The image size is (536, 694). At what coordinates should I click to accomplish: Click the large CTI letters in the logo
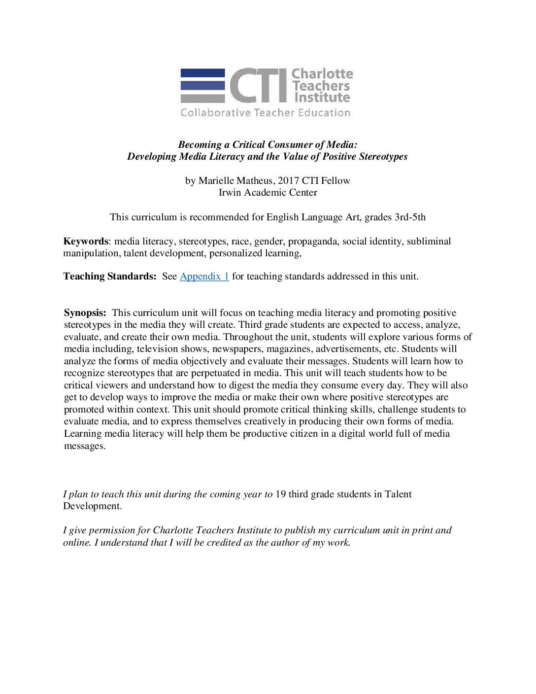pos(258,86)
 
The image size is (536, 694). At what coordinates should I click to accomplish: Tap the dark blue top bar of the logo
pos(202,73)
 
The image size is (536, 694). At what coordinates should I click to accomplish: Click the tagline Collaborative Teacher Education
pos(265,113)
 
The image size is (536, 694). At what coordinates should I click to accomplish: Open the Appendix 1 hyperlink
pos(204,277)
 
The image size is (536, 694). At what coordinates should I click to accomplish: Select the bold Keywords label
pos(85,242)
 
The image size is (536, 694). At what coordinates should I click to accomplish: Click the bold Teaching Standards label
pos(109,277)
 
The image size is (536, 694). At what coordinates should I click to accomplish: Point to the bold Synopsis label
pos(85,313)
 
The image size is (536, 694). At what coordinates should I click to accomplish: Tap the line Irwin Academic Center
pos(268,193)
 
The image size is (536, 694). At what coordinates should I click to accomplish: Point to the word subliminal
pos(429,242)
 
